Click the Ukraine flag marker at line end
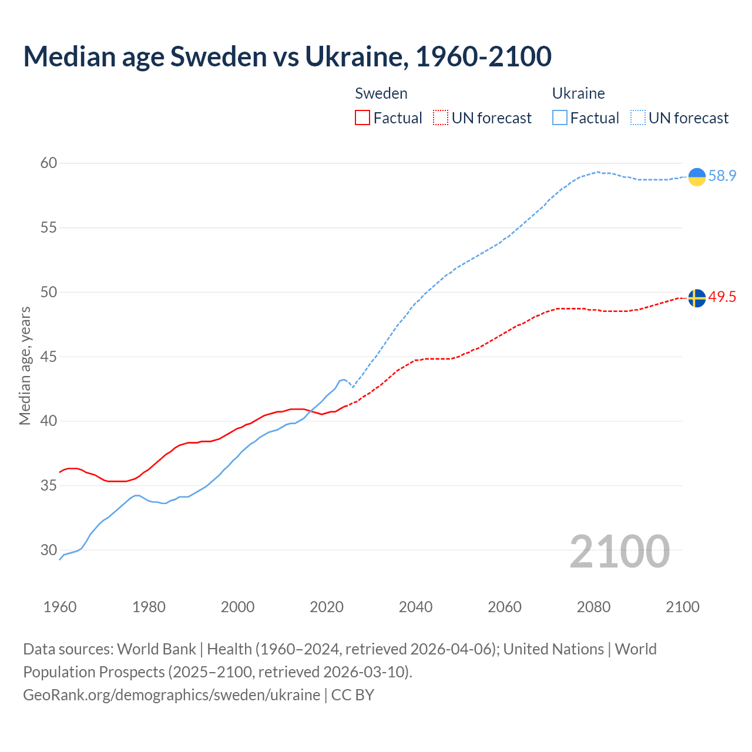[x=697, y=176]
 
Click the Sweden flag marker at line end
[x=697, y=298]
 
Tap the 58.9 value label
[x=722, y=176]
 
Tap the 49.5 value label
[x=722, y=297]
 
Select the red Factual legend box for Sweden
[x=362, y=117]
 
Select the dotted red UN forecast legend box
[x=441, y=117]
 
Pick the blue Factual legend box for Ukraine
[x=560, y=117]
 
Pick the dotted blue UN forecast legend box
[x=638, y=117]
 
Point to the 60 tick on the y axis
[x=49, y=163]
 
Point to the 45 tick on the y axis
[x=49, y=357]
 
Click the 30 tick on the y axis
[x=49, y=550]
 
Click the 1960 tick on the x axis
[x=60, y=606]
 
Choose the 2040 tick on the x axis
[x=415, y=606]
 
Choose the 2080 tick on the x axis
[x=593, y=606]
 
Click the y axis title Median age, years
[x=25, y=365]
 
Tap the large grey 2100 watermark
[x=620, y=551]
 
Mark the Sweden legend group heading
[x=381, y=93]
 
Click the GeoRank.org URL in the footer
[x=172, y=694]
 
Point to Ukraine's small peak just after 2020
[x=344, y=380]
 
